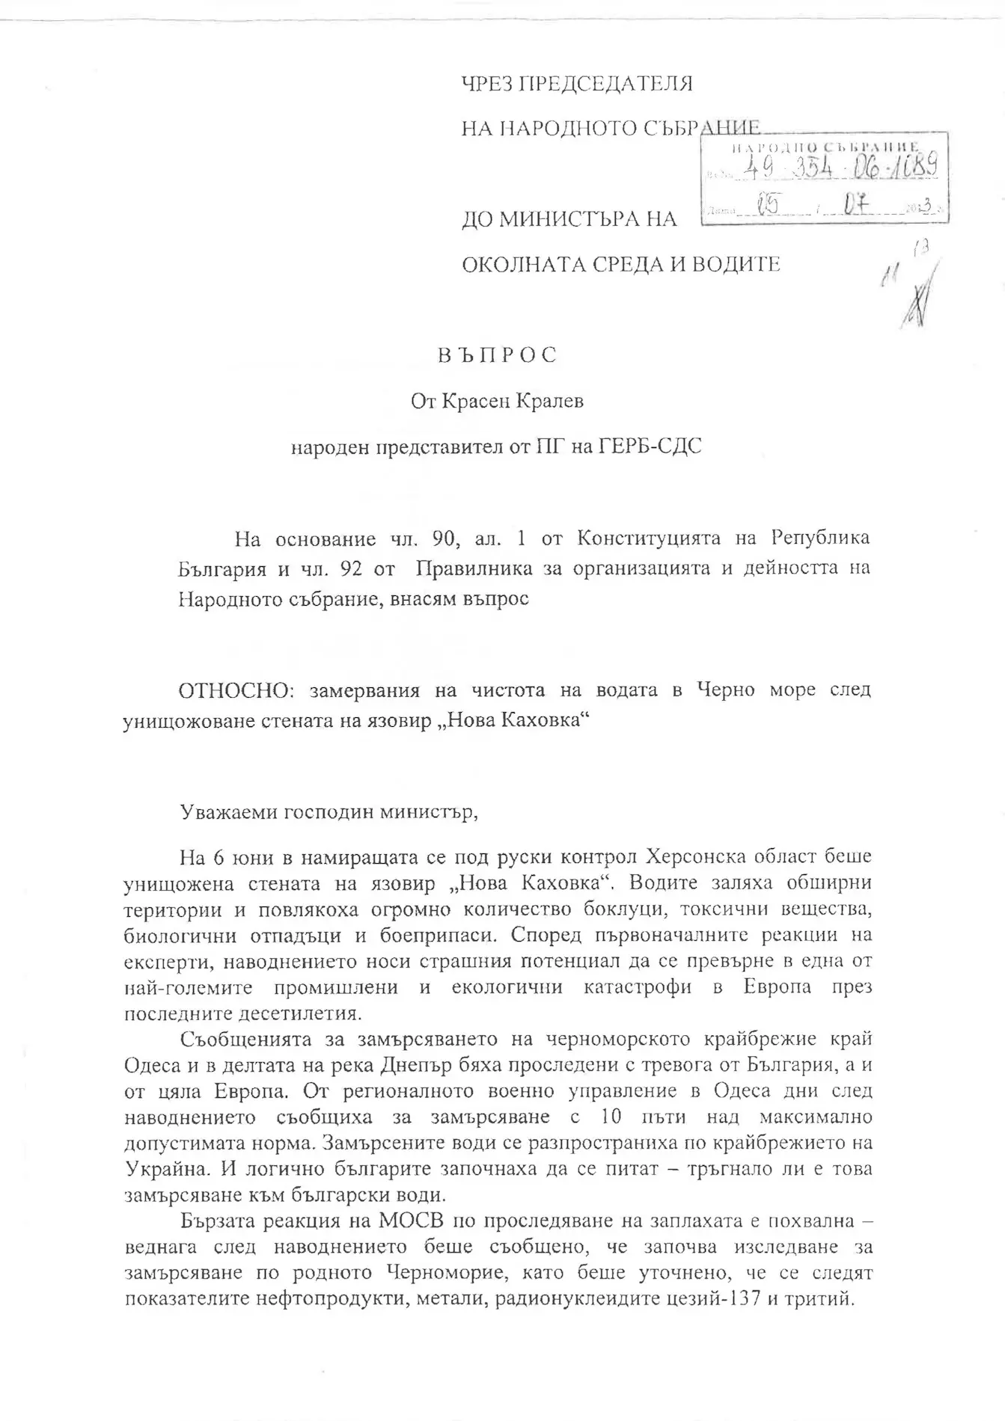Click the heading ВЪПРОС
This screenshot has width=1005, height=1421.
point(497,355)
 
